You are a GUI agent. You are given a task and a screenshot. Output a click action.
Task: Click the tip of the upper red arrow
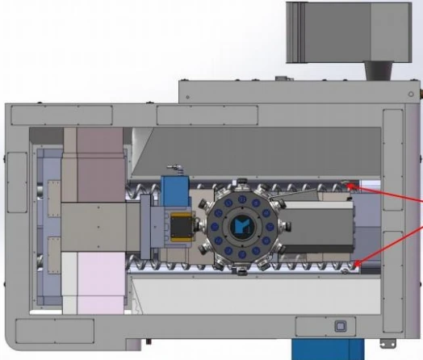348,186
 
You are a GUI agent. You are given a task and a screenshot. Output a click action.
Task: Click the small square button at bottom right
340,327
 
